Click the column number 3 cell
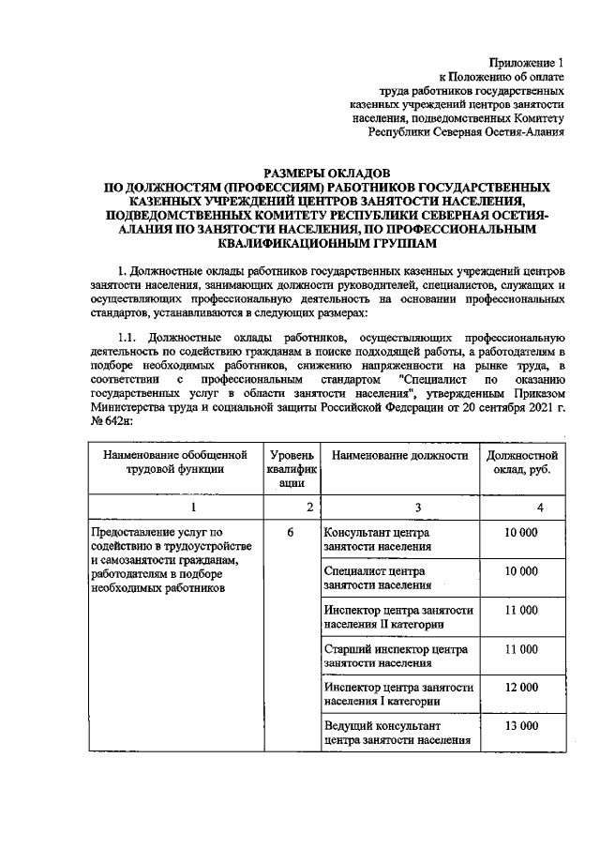398,507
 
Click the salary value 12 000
521,687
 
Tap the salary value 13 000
521,726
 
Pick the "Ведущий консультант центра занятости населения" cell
397,733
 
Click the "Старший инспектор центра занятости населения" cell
397,655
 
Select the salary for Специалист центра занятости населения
521,570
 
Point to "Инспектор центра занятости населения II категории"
398,616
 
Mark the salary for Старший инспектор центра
521,648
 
